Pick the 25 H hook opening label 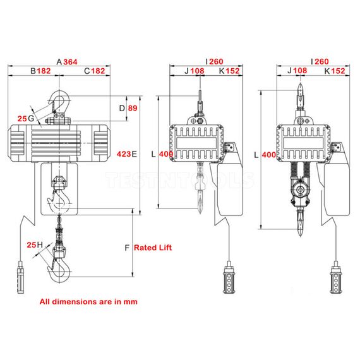pyautogui.click(x=34, y=244)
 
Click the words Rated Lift pyautogui.click(x=152, y=248)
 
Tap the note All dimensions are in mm pyautogui.click(x=88, y=301)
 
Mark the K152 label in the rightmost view pyautogui.click(x=334, y=71)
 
